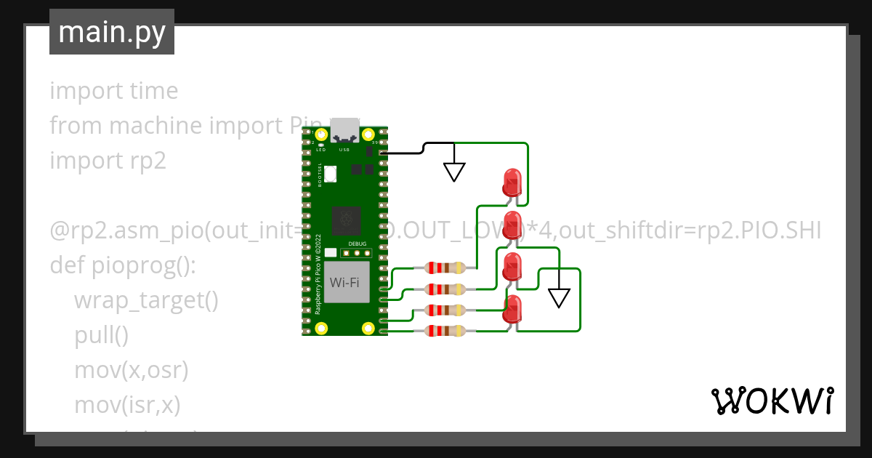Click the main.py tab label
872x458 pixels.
(111, 32)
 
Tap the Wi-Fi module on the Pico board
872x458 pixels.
(344, 282)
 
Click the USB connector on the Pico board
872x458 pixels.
(344, 130)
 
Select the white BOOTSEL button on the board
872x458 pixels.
(331, 174)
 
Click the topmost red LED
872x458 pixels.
(512, 181)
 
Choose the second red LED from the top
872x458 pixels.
(513, 225)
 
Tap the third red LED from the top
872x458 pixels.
(513, 266)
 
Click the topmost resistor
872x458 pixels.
(446, 268)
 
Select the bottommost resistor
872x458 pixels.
(446, 332)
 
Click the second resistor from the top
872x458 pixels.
(446, 289)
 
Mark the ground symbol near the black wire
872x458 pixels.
(455, 172)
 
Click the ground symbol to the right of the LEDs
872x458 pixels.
(559, 297)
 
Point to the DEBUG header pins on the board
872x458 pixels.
(357, 254)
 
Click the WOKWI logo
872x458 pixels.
(771, 401)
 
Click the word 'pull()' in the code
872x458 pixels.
(101, 334)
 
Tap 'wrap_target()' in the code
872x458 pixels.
(145, 300)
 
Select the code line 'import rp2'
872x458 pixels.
(108, 160)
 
